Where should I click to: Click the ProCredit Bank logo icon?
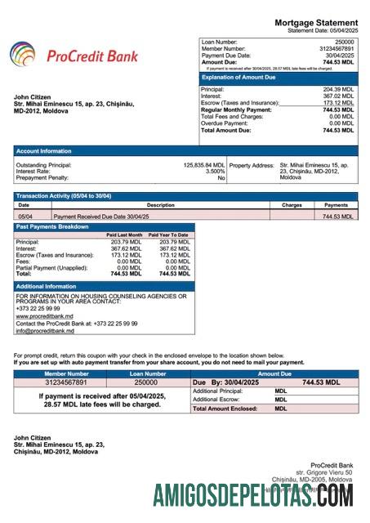coord(22,56)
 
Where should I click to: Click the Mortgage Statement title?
coord(315,22)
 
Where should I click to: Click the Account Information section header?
coord(44,150)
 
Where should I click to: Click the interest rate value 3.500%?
coord(215,171)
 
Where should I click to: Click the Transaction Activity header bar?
coord(64,196)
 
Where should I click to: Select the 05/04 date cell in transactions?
coord(25,217)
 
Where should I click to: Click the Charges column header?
coord(292,205)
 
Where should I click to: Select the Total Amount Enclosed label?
coord(225,408)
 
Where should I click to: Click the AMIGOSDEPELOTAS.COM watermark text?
coord(253,495)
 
